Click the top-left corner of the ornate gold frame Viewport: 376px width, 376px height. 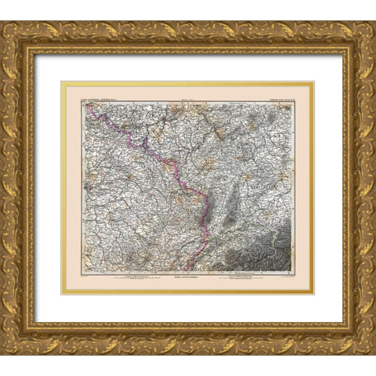click(2, 22)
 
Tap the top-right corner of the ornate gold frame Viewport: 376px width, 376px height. click(374, 22)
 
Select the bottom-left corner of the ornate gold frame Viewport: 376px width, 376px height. click(2, 353)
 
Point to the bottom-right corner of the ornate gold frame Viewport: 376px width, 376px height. click(374, 353)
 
